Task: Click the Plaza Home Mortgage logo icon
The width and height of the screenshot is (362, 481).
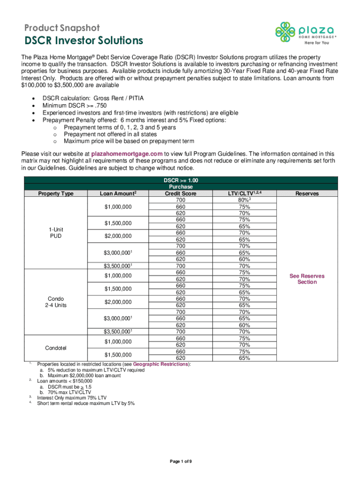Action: (285, 31)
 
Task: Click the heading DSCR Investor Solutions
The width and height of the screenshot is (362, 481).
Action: (83, 41)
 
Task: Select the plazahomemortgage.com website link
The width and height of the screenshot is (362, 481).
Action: (127, 154)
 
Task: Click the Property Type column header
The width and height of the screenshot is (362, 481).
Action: (55, 193)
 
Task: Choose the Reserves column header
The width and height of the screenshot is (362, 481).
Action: (307, 193)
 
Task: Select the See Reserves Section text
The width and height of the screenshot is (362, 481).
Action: (307, 279)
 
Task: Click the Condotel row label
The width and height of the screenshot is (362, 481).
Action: (55, 348)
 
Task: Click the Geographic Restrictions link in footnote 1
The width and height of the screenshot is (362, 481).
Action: (161, 364)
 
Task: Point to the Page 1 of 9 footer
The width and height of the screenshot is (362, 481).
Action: (181, 462)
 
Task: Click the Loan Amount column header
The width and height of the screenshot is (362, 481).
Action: (118, 193)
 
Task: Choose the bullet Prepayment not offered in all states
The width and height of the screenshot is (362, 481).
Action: (110, 134)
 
